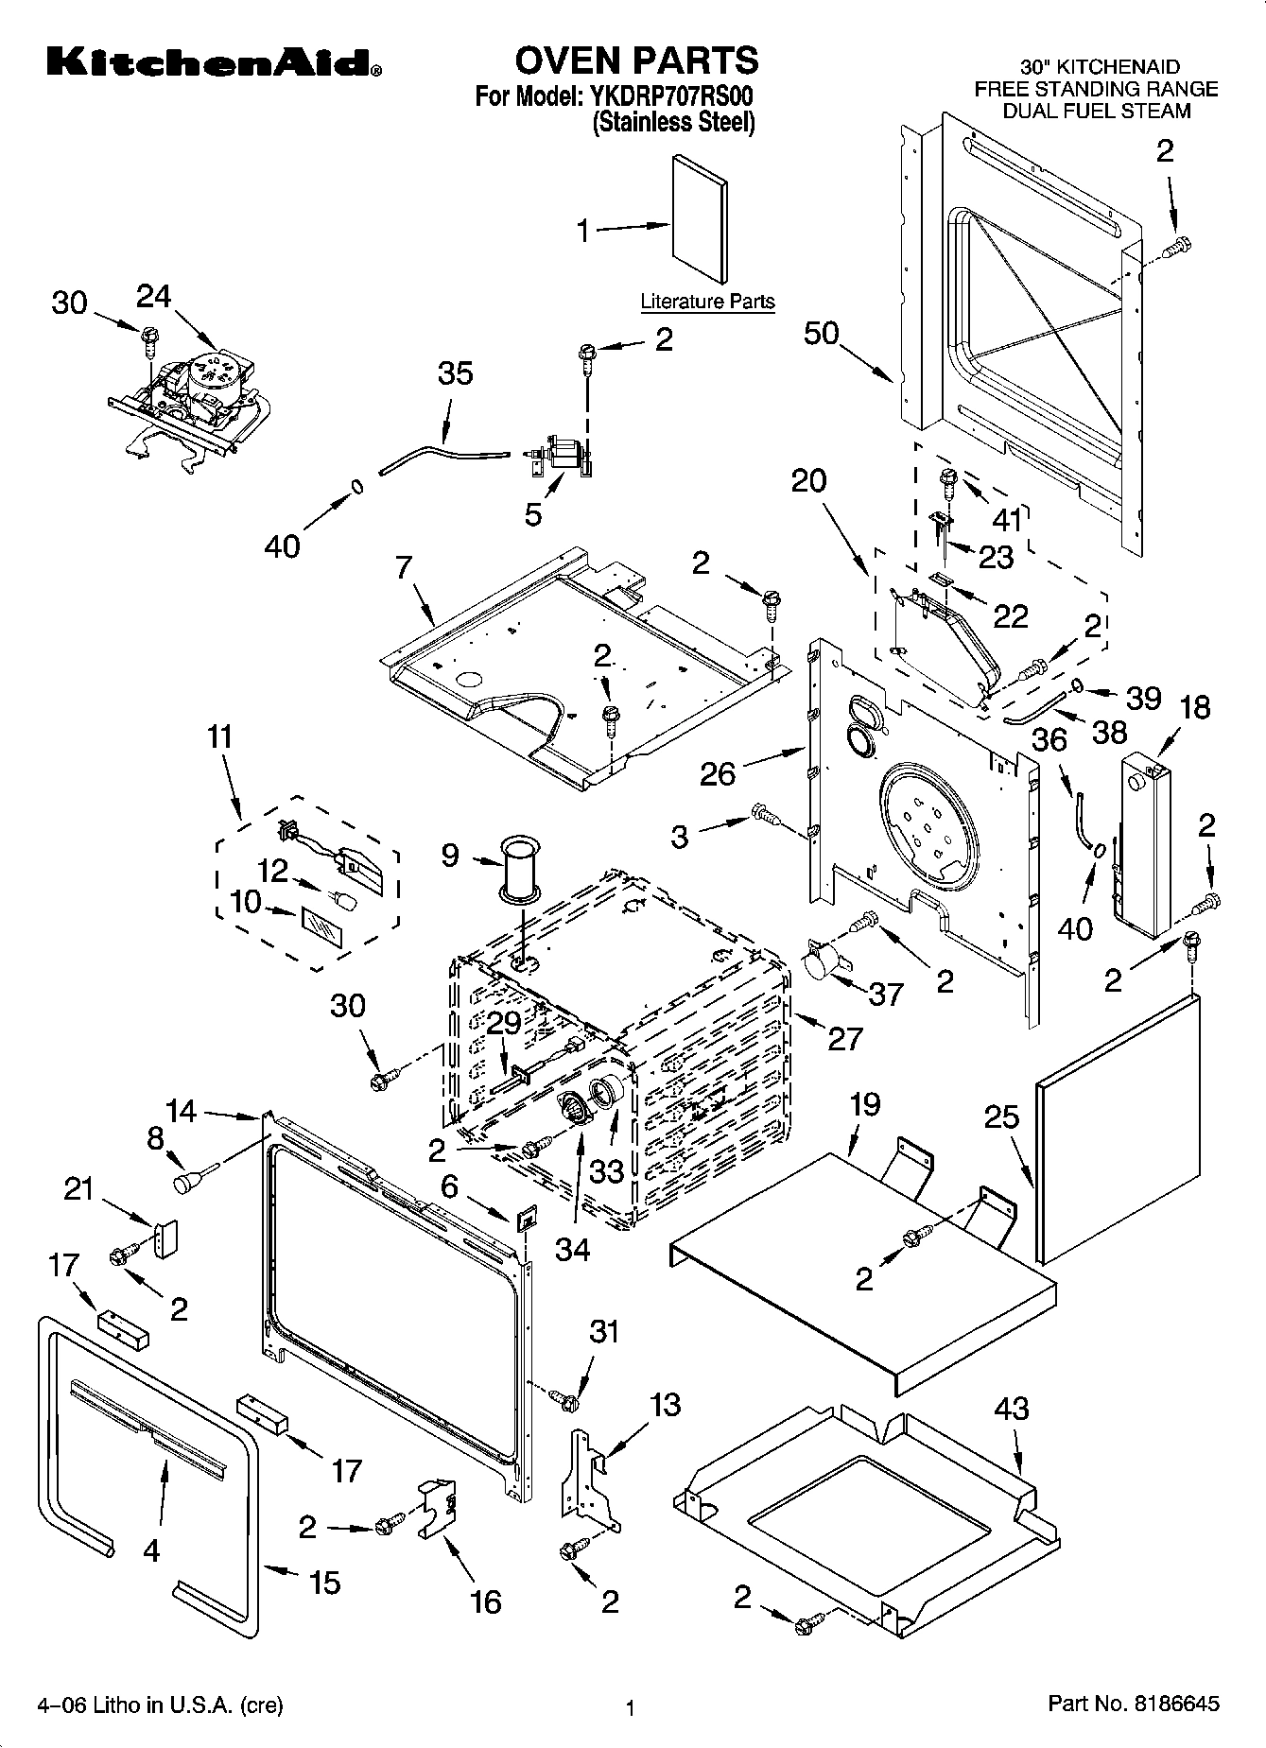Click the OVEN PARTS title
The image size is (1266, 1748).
(x=635, y=61)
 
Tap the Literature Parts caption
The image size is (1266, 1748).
(x=707, y=302)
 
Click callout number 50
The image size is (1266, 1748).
(x=822, y=333)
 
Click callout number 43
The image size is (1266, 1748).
(x=1011, y=1410)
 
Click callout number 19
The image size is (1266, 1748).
(x=864, y=1104)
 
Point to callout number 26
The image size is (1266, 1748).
(x=718, y=774)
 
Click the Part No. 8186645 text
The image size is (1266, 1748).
(x=1133, y=1705)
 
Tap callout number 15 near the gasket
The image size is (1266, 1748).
(x=324, y=1583)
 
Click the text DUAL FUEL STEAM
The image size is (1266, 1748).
(x=1096, y=111)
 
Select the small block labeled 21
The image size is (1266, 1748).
(x=166, y=1238)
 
